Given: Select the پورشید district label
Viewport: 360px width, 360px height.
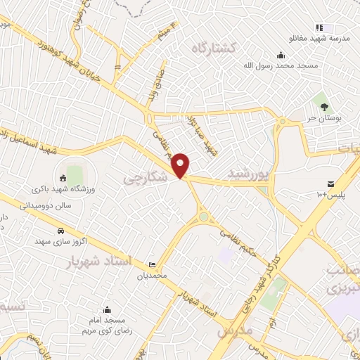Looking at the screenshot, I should (247, 173).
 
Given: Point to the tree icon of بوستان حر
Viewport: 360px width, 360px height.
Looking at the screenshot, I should (324, 107).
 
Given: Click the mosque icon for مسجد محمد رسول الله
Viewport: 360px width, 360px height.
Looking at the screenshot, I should (281, 56).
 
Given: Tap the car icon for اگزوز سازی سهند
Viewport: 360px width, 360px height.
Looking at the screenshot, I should (60, 231).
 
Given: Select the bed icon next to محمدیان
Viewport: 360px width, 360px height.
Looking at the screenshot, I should (152, 265).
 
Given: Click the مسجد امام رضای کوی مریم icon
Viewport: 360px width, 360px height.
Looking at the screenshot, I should (106, 309).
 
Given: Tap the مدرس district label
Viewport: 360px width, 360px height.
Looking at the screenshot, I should (234, 329).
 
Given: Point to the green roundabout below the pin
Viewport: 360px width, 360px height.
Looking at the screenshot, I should (204, 217).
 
